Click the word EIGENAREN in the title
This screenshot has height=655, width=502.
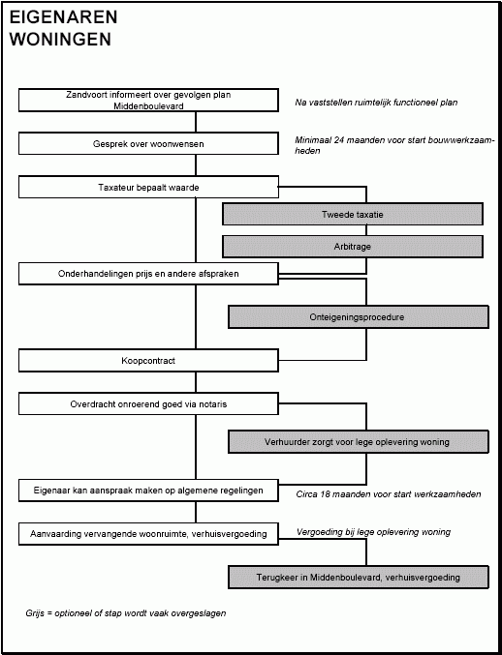click(x=63, y=17)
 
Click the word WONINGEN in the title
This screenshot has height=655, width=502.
click(x=60, y=40)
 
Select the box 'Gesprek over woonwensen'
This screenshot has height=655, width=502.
click(x=148, y=144)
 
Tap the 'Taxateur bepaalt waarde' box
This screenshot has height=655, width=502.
click(x=148, y=187)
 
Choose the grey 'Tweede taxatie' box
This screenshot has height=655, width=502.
click(x=353, y=214)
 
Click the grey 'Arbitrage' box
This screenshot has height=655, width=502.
click(x=353, y=247)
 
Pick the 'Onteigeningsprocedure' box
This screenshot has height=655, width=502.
click(x=359, y=317)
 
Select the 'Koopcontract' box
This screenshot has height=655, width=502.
click(x=148, y=361)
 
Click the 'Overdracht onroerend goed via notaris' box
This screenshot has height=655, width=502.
click(x=148, y=404)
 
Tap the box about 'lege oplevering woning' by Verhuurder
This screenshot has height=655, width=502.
click(x=359, y=442)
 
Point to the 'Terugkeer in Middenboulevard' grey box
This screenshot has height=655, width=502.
click(x=359, y=578)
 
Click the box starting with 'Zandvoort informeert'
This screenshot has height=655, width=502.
click(x=148, y=101)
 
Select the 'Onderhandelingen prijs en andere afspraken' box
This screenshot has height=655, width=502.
click(x=148, y=274)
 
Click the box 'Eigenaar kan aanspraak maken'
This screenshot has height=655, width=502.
click(x=148, y=491)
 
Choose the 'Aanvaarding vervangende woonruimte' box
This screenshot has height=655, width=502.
click(x=148, y=534)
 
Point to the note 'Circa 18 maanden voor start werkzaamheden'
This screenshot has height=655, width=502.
click(x=389, y=494)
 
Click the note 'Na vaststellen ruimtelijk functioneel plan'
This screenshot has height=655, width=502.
click(x=376, y=103)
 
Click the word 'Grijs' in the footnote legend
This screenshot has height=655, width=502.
click(x=35, y=613)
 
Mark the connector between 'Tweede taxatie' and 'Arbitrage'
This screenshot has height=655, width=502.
click(x=366, y=230)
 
